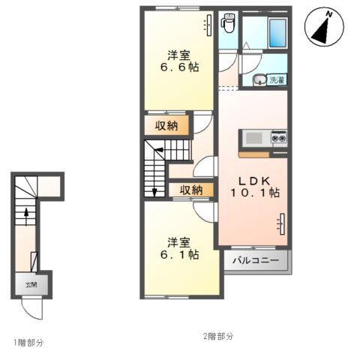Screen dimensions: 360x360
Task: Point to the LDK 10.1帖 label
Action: coord(254,187)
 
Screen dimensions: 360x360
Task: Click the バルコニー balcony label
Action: coord(255,261)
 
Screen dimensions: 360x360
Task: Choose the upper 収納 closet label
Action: coord(167,125)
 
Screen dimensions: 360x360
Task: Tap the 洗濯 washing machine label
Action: coord(277,79)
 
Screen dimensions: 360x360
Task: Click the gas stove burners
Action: coord(279,138)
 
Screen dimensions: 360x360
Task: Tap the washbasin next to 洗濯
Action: coord(259,79)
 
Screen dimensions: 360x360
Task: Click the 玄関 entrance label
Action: coord(31,285)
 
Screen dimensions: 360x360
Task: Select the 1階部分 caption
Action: coord(29,342)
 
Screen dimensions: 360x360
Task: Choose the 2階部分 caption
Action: coord(218,334)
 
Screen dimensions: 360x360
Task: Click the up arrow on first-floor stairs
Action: coord(28,217)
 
